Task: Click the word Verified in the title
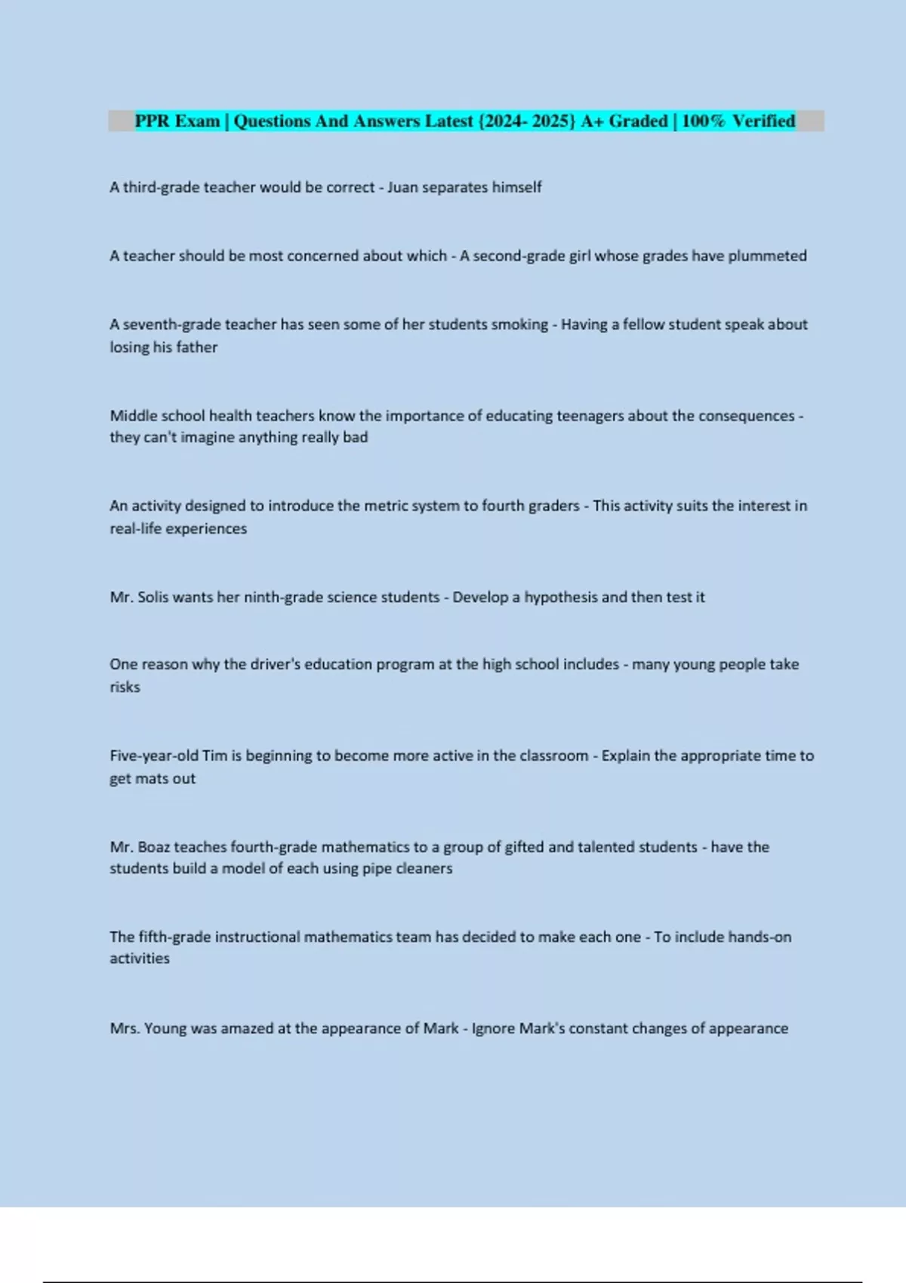(763, 121)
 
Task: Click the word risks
(125, 687)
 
